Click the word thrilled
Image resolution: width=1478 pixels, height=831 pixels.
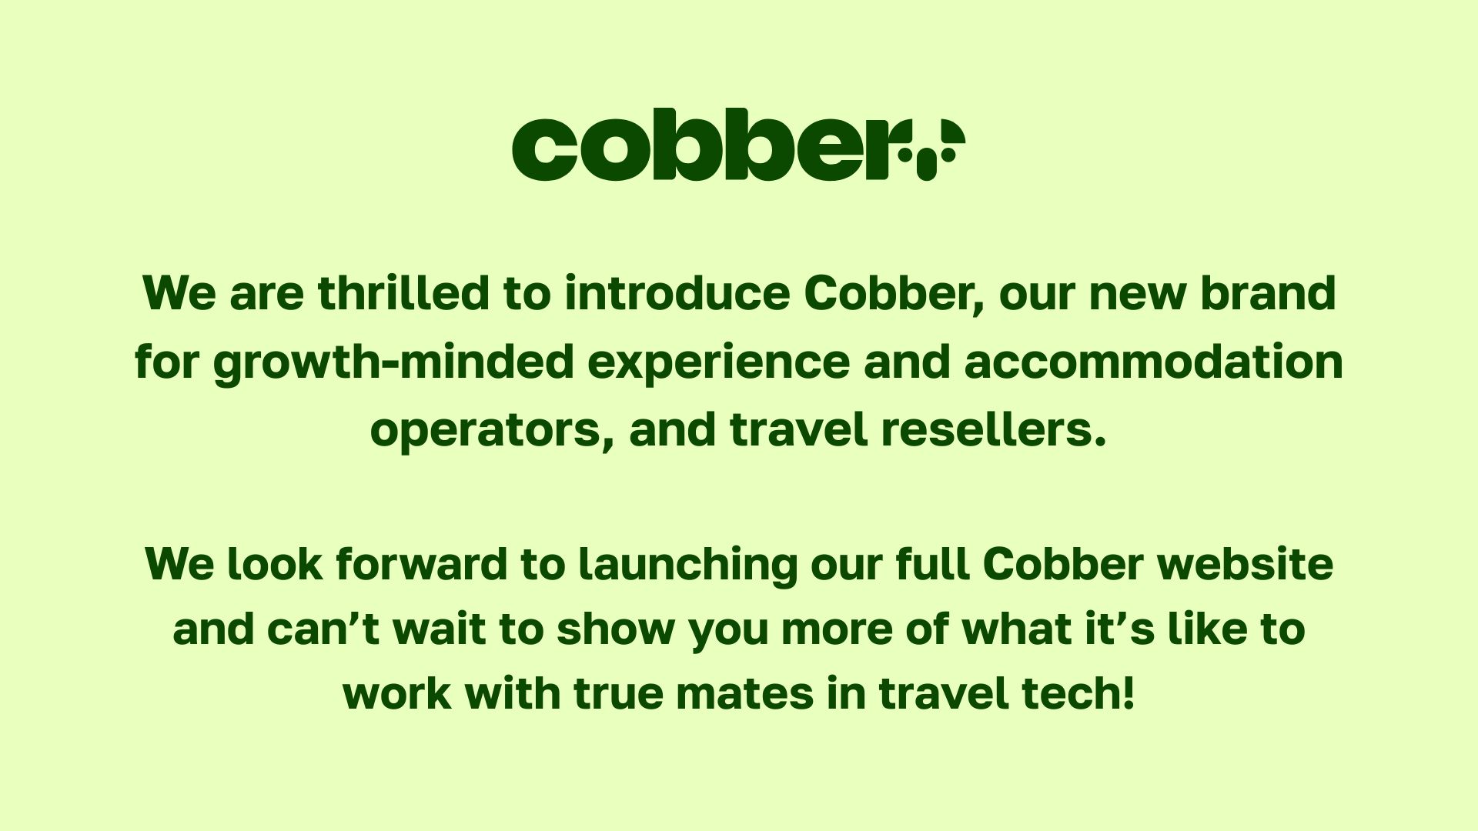click(x=403, y=293)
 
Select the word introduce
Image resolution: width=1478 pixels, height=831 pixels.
click(x=677, y=293)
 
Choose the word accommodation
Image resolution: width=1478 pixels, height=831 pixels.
click(x=1153, y=362)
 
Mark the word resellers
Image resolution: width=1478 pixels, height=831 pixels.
click(x=994, y=429)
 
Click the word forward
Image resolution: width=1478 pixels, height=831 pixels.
click(x=421, y=564)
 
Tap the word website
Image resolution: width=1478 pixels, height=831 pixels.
click(x=1245, y=564)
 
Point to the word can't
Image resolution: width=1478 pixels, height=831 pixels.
click(x=323, y=629)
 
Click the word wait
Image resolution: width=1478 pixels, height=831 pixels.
click(x=440, y=629)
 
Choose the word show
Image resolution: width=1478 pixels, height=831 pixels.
click(x=616, y=629)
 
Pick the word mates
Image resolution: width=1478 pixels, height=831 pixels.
click(x=744, y=693)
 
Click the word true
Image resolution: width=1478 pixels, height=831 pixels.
click(x=618, y=693)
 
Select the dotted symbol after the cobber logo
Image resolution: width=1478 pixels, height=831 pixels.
click(x=931, y=149)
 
